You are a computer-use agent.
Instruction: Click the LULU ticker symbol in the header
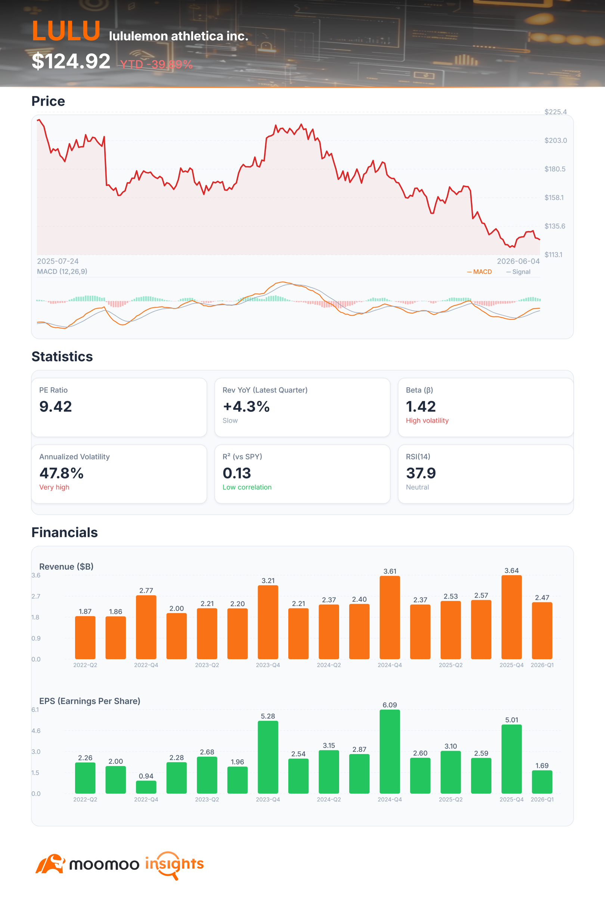pyautogui.click(x=66, y=31)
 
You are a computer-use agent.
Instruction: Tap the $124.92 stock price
pyautogui.click(x=71, y=61)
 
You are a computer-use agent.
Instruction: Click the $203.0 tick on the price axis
pyautogui.click(x=556, y=140)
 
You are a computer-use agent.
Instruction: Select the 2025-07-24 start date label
pyautogui.click(x=58, y=261)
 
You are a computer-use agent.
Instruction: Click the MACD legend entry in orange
pyautogui.click(x=479, y=272)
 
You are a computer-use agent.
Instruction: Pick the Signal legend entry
pyautogui.click(x=518, y=272)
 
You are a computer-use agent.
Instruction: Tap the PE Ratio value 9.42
pyautogui.click(x=56, y=407)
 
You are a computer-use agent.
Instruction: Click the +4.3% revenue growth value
pyautogui.click(x=246, y=407)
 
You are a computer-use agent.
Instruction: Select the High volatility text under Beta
pyautogui.click(x=427, y=421)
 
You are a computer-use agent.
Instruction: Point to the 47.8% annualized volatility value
pyautogui.click(x=61, y=474)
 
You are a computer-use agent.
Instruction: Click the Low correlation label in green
pyautogui.click(x=247, y=487)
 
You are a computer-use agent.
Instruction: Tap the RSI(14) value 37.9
pyautogui.click(x=421, y=474)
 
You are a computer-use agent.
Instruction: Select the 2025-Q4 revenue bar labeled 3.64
pyautogui.click(x=512, y=617)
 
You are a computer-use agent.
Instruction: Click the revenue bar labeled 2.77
pyautogui.click(x=146, y=627)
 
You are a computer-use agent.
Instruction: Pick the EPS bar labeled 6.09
pyautogui.click(x=390, y=751)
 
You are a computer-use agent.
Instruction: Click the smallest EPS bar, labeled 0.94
pyautogui.click(x=146, y=787)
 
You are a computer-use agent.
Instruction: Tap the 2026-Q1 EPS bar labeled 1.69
pyautogui.click(x=542, y=782)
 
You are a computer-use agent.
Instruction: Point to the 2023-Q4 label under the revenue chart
pyautogui.click(x=268, y=665)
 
